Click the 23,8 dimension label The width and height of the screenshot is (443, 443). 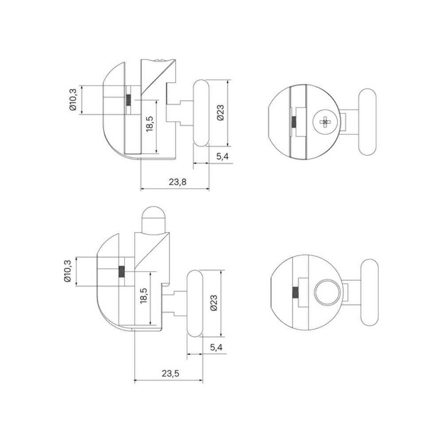pos(178,182)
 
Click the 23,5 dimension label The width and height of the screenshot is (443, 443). pos(171,373)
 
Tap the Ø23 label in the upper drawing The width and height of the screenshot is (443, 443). pos(221,113)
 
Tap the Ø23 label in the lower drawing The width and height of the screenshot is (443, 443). pos(214,303)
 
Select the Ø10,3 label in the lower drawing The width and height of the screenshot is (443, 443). pos(67,271)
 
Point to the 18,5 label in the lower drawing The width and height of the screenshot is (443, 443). pos(144,295)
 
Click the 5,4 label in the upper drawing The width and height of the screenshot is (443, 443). pos(223,156)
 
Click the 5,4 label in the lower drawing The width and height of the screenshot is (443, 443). pos(216,347)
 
